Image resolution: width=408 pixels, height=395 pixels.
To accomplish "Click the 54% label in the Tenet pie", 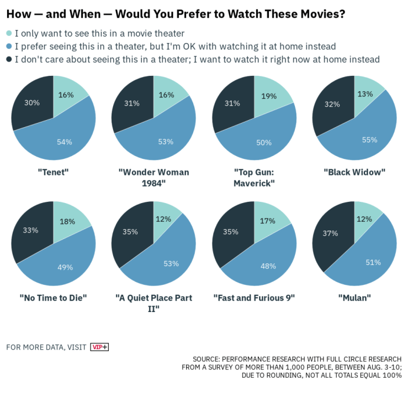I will click(65, 142).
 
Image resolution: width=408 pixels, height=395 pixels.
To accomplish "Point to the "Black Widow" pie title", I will click(354, 172).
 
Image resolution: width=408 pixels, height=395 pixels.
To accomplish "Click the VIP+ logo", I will click(99, 347).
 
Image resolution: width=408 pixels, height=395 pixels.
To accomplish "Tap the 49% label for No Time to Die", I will click(65, 268).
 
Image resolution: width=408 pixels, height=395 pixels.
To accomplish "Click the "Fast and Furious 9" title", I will click(254, 298).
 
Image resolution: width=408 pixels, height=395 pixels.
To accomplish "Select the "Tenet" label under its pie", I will click(53, 172).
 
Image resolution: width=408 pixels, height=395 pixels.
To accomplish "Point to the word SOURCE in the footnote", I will click(208, 359).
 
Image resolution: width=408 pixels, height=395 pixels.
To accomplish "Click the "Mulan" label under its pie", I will click(354, 298).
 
